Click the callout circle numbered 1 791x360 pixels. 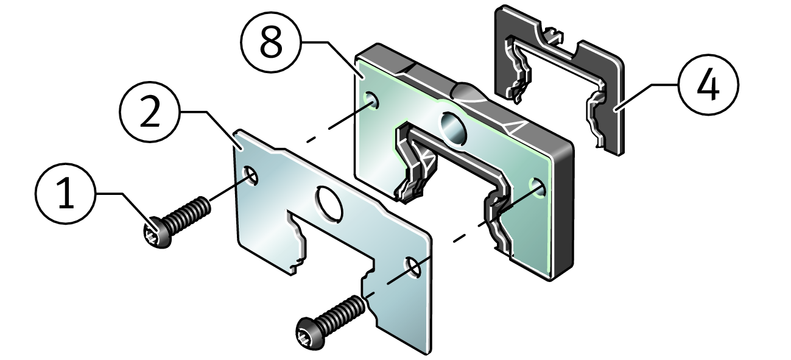tap(66, 193)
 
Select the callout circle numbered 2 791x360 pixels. tap(150, 112)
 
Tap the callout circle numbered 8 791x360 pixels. tap(271, 42)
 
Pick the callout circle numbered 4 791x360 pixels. tap(708, 85)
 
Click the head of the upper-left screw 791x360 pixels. tap(158, 233)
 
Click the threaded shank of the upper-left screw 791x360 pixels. tap(187, 216)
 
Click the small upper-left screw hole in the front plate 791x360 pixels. tap(250, 175)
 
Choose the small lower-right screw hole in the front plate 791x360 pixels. tap(413, 268)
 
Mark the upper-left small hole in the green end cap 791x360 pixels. tap(371, 101)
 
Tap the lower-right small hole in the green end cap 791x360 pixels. tap(538, 188)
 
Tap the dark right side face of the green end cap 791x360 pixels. tap(561, 208)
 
